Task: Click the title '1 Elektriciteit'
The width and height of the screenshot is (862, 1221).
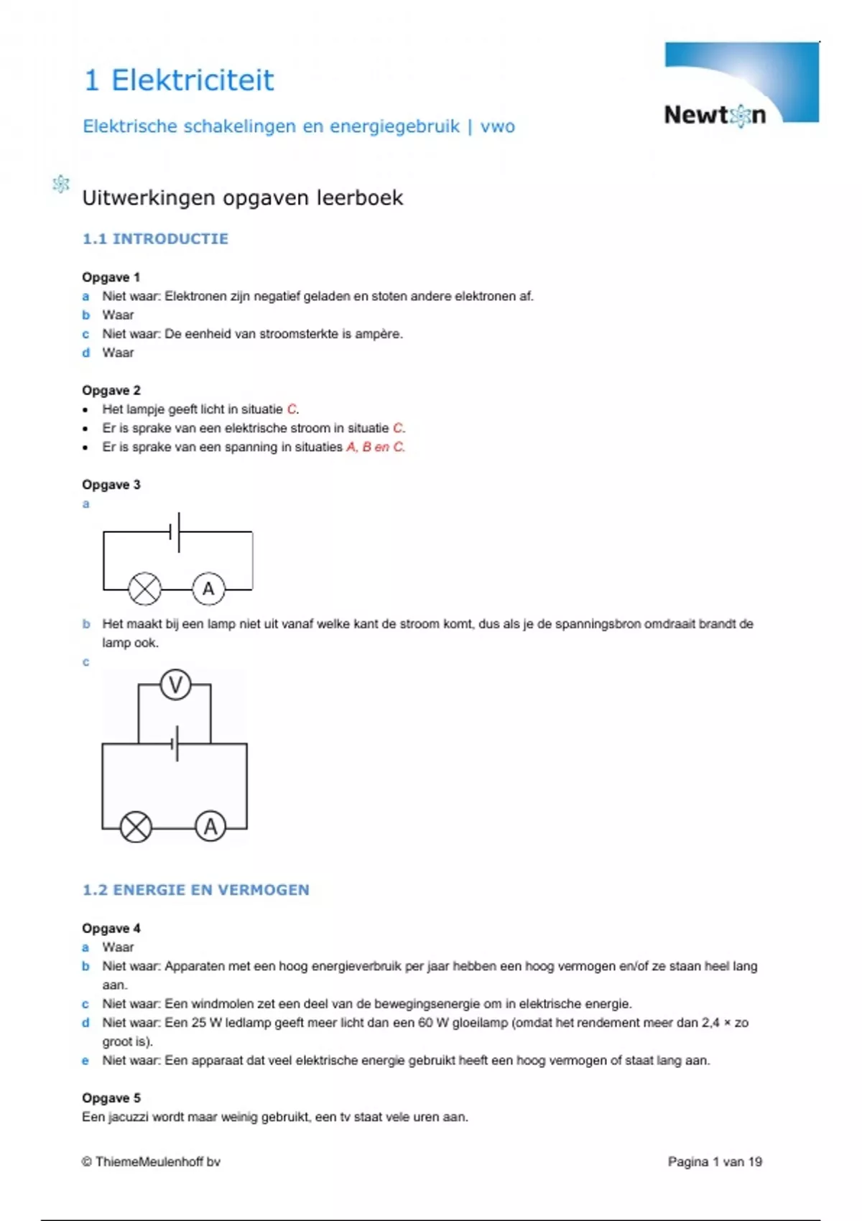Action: tap(179, 80)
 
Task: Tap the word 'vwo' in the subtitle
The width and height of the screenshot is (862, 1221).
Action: tap(497, 126)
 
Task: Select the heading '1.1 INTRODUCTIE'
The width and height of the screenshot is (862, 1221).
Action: tap(155, 238)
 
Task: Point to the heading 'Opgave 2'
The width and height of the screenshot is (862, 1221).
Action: tap(111, 390)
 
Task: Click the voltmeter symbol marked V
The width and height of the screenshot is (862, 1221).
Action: tap(175, 684)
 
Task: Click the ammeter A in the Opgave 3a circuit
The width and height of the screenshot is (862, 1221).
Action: tap(208, 589)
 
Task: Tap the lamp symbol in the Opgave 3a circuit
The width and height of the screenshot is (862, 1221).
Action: tap(144, 589)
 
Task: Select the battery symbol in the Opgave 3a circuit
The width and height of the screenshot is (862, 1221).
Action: tap(175, 532)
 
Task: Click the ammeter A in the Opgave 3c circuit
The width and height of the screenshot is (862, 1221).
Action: tap(210, 827)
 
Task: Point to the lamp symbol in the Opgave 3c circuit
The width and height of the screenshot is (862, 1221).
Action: tap(136, 827)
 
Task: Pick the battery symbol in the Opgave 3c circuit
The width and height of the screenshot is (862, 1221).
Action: tap(175, 744)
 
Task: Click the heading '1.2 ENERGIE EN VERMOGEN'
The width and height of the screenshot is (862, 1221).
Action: tap(196, 890)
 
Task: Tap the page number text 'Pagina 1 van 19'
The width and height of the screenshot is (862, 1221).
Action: tap(715, 1161)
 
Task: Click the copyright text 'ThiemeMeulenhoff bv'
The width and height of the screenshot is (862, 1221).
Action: tap(157, 1161)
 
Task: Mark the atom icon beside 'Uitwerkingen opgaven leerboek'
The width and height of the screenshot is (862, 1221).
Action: tap(61, 185)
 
